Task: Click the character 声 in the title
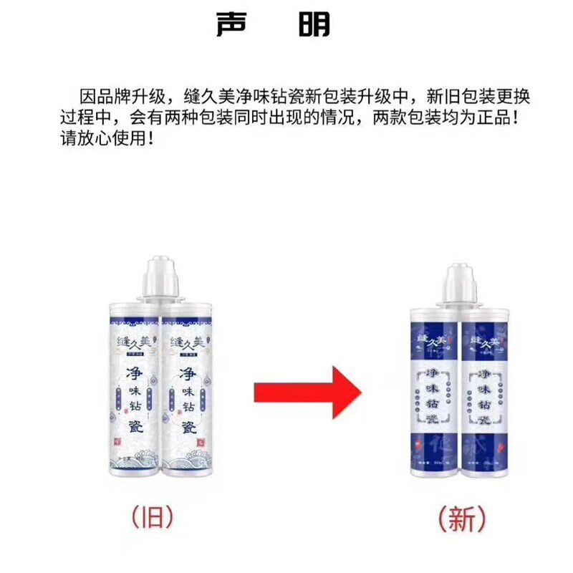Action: tap(236, 24)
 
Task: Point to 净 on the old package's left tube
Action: tap(134, 374)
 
